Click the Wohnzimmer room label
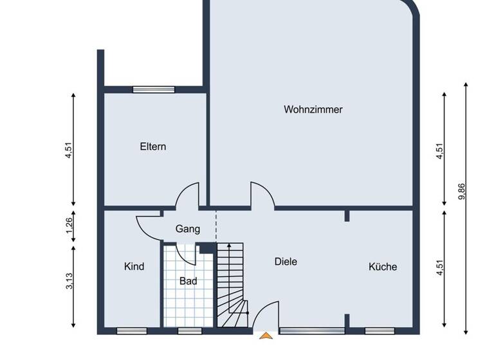(x=313, y=109)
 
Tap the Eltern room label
(x=153, y=147)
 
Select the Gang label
(x=188, y=229)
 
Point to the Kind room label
(x=134, y=266)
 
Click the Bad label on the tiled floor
(x=188, y=281)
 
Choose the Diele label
(x=286, y=262)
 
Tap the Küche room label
(x=383, y=267)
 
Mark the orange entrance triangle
(x=264, y=334)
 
